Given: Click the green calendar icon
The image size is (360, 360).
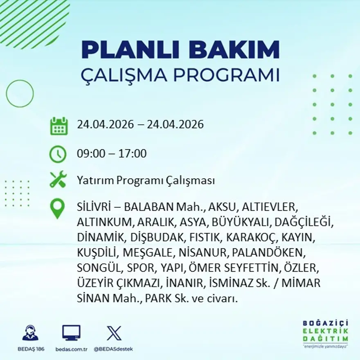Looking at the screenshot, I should [x=59, y=126].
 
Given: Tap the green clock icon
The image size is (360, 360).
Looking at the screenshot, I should [x=58, y=154].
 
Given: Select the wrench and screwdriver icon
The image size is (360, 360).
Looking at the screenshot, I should [x=58, y=180].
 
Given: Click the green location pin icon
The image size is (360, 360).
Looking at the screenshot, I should [x=57, y=208].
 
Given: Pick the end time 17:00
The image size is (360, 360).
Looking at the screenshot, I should [x=133, y=154].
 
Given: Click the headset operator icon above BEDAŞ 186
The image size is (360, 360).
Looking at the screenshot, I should [x=30, y=333].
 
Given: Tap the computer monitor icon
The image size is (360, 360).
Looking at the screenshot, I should [x=71, y=333].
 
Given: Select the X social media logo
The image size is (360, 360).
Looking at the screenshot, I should [x=114, y=333].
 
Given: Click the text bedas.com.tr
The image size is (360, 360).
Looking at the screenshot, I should [x=71, y=349].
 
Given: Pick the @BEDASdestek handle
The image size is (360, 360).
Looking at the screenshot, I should [x=113, y=349].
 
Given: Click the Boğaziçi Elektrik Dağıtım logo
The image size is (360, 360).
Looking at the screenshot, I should [x=325, y=333].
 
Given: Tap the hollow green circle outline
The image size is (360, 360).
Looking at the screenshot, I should [x=20, y=94].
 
